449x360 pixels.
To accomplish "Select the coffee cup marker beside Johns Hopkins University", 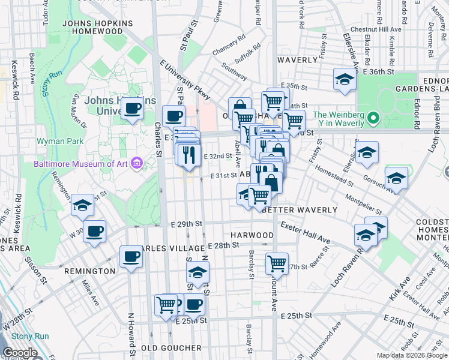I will pyautogui.click(x=132, y=109).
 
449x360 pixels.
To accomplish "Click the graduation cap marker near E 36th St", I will pyautogui.click(x=345, y=79).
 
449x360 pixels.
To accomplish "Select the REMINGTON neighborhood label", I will pyautogui.click(x=89, y=271).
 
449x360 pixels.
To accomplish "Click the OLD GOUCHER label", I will pyautogui.click(x=172, y=347).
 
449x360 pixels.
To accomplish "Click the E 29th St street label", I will pyautogui.click(x=185, y=223).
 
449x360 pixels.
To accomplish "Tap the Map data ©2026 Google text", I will pyautogui.click(x=412, y=355).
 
